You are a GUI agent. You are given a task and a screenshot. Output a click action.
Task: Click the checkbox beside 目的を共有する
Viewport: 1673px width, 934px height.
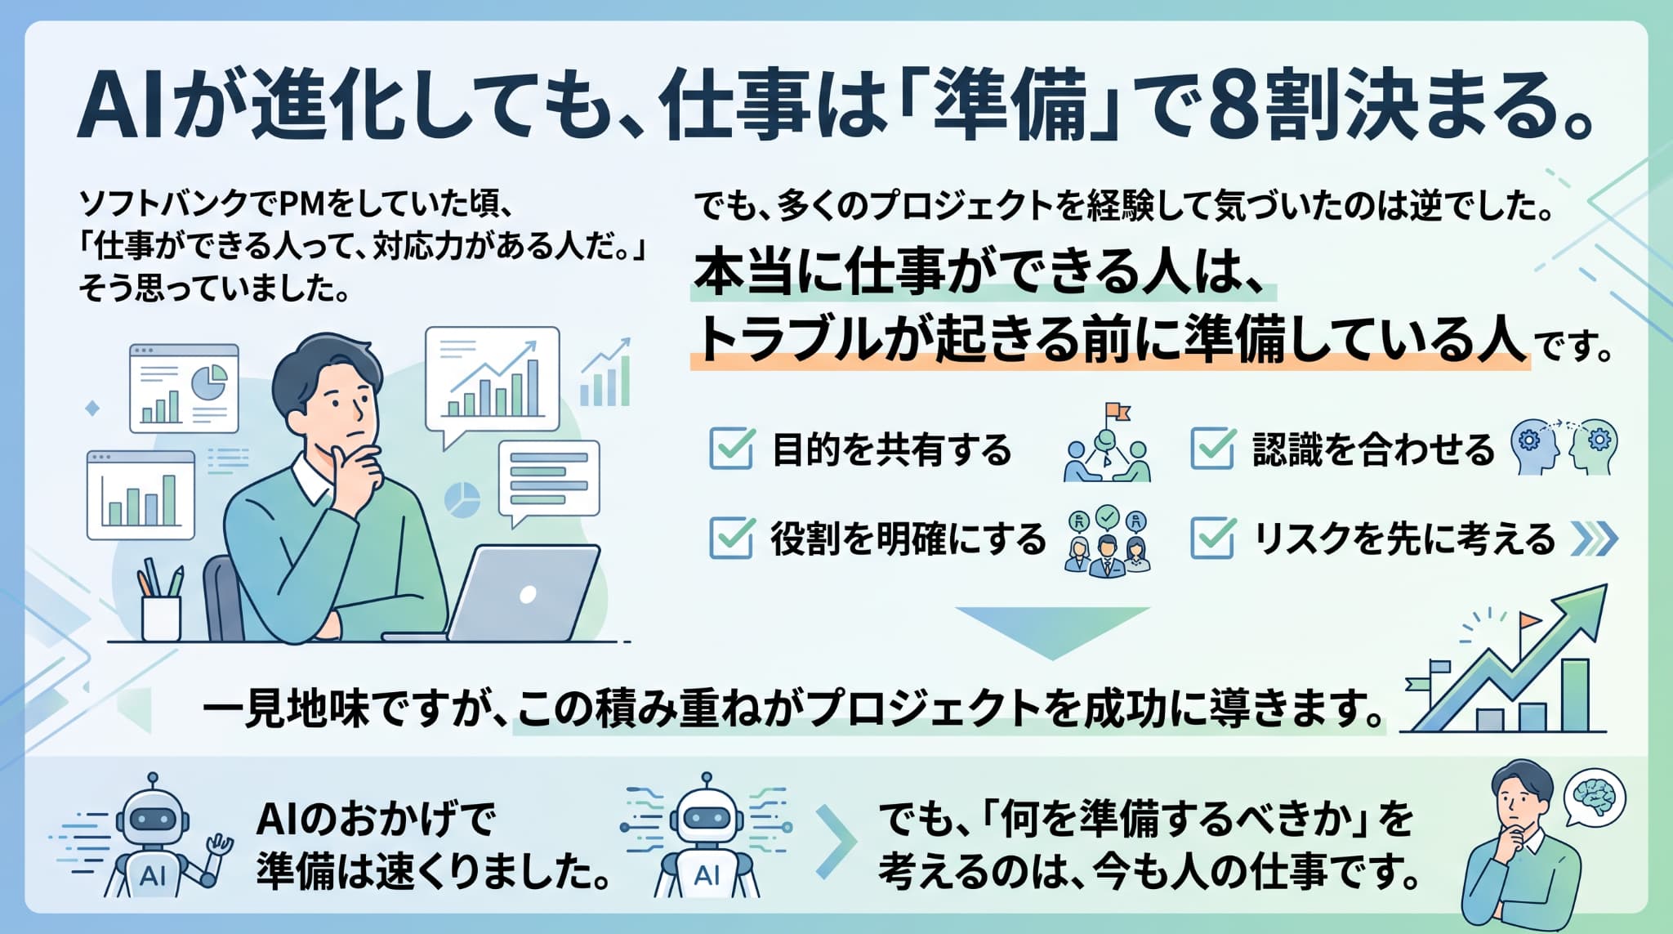731,448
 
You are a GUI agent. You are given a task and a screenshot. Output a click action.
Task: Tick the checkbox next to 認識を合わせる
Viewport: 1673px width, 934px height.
1212,448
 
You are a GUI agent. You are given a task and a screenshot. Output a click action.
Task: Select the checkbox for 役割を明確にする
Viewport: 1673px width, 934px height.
731,538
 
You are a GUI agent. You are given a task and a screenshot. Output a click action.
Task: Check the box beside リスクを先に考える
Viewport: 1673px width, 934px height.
1212,538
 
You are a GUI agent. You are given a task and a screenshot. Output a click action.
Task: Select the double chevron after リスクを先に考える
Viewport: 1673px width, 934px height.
1594,539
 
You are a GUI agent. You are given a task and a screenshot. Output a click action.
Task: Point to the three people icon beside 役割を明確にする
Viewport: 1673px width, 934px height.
1108,543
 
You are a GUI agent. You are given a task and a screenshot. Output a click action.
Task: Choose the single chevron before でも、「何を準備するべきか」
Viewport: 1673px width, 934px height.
836,842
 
